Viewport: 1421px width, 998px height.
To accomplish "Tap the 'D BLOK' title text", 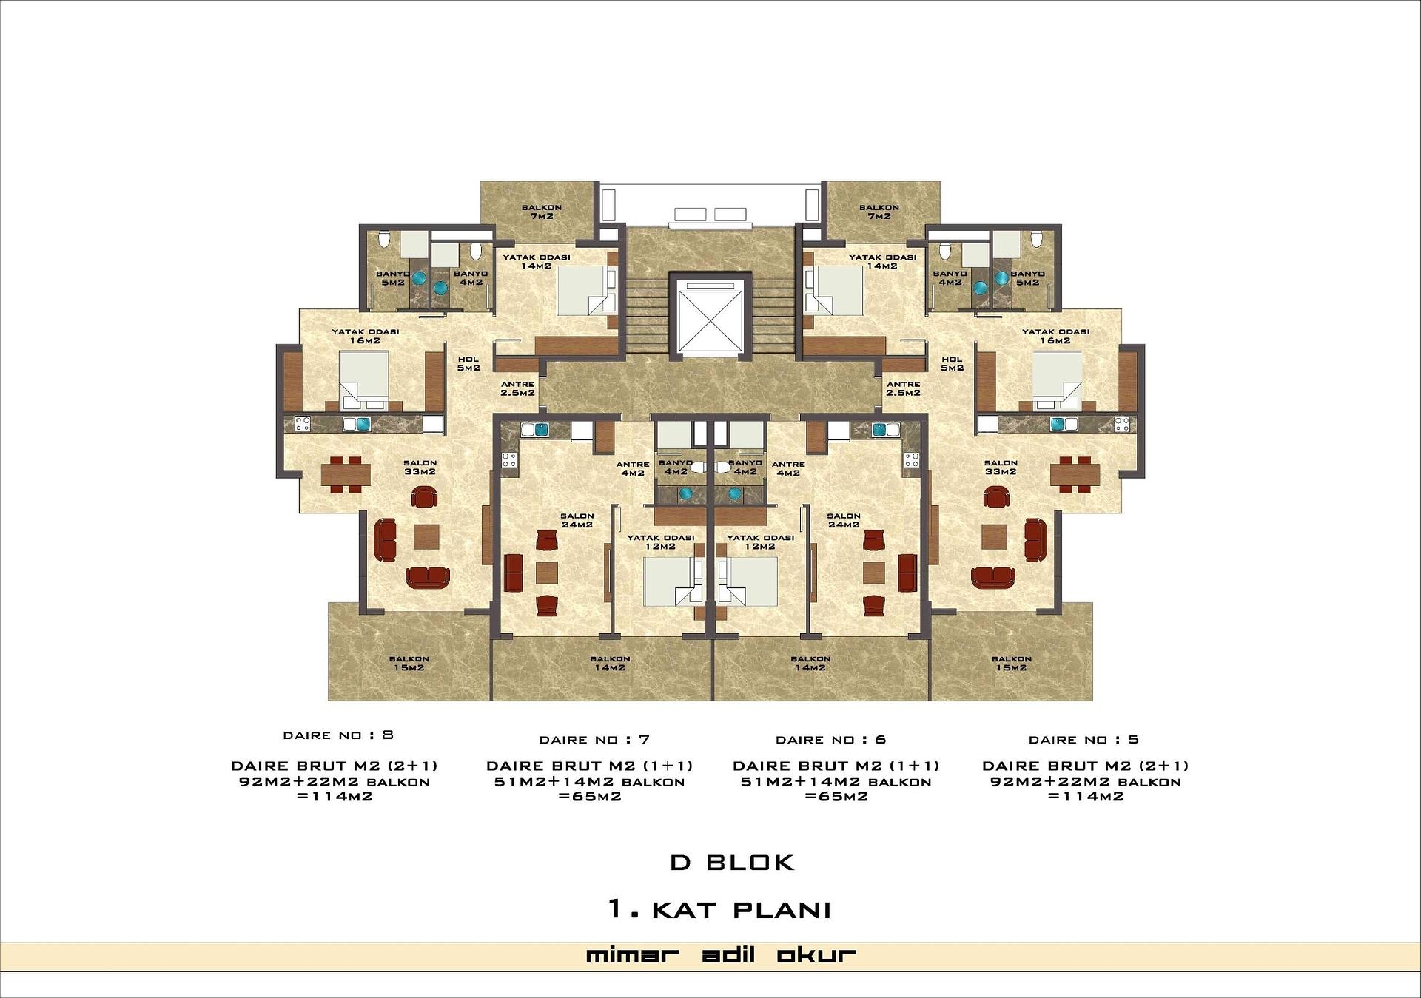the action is pos(732,863).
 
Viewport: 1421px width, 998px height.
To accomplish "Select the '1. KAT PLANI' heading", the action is pos(719,909).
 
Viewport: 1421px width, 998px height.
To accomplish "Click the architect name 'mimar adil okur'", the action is pos(721,955).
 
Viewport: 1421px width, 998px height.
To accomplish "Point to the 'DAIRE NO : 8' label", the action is pos(338,735).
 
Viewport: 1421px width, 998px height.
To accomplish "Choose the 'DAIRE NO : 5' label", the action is pos(1084,740).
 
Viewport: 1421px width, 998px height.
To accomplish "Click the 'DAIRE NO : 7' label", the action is pos(594,740).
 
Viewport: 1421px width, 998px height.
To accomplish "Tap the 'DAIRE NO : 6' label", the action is pos(830,740).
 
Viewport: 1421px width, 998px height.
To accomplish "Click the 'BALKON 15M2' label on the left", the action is pos(409,663).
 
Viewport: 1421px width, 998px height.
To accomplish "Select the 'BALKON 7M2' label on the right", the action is pos(879,212).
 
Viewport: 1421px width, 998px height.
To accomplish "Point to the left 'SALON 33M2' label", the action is pos(420,467).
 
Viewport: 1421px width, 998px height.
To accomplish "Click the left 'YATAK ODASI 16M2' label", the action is pos(366,336).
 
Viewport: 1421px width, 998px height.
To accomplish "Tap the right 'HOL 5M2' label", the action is pos(952,363).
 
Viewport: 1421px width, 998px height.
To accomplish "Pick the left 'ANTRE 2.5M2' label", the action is pos(518,388).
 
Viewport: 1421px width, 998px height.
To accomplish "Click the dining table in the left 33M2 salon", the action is pos(346,474).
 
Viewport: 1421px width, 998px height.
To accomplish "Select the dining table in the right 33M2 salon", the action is pos(1075,474).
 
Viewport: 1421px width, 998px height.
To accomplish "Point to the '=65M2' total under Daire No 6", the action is pos(836,797).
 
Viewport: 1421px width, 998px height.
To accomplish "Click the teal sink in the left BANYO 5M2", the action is pos(419,279).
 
